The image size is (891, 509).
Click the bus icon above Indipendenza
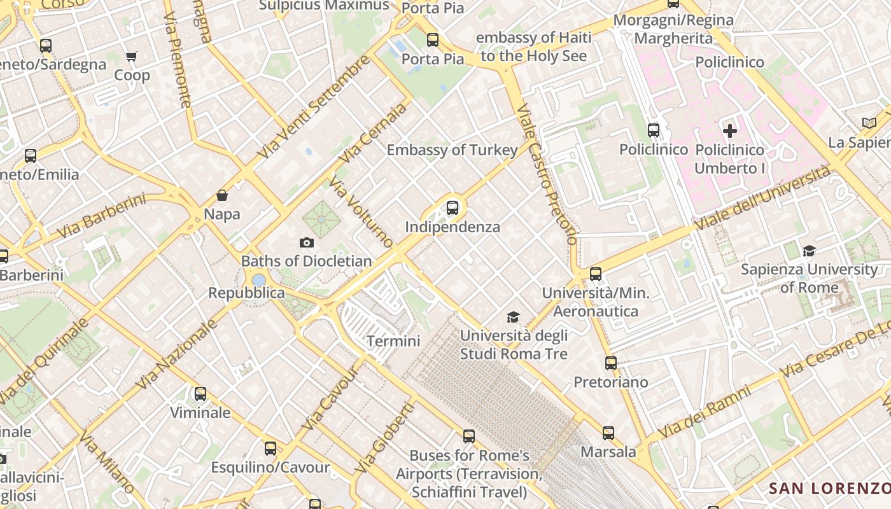click(453, 207)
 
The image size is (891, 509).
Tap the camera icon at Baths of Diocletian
click(307, 242)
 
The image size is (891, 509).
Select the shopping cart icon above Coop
click(132, 57)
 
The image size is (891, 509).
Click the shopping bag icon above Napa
click(222, 195)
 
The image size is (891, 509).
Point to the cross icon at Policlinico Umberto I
click(730, 131)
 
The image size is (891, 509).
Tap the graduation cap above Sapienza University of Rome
click(809, 251)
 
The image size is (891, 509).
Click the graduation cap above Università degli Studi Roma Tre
click(513, 317)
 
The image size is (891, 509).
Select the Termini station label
click(393, 341)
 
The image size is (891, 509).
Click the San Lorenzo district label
click(829, 488)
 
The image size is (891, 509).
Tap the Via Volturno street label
click(361, 212)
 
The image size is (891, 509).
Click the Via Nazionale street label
click(177, 354)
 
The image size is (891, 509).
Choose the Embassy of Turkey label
click(452, 150)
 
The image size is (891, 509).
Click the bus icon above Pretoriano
click(611, 363)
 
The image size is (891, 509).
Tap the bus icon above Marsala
click(608, 433)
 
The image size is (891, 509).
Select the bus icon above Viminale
click(200, 394)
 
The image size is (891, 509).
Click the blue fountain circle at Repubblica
click(258, 280)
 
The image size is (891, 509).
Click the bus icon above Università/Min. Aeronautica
click(596, 274)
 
